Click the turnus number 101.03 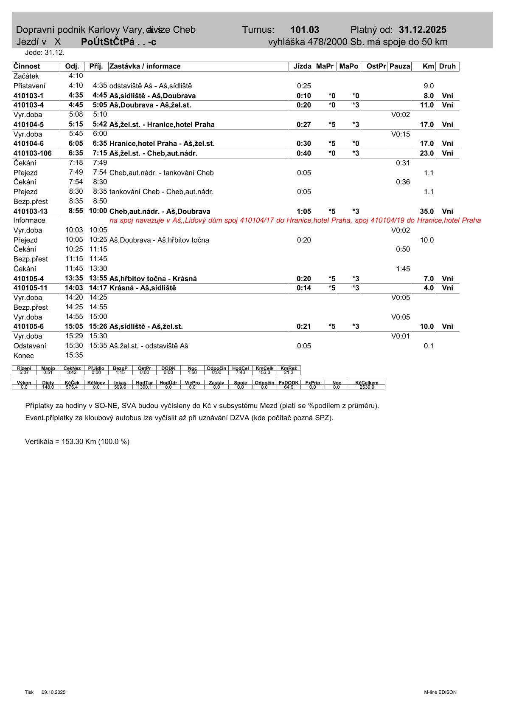305,30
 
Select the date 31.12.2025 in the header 422,30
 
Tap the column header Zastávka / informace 145,66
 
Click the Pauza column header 399,66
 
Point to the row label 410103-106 33,153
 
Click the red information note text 295,220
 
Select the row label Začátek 26,76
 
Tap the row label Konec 24,356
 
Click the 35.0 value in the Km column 426,211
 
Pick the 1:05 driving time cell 304,211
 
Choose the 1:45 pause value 403,268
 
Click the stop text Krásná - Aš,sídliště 143,288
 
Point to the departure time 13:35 74,278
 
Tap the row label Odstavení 30,346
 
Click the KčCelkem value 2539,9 367,387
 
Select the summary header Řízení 24,368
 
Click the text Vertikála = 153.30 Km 77,441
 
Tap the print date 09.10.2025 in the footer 53,692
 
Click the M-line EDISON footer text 440,692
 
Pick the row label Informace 29,220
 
